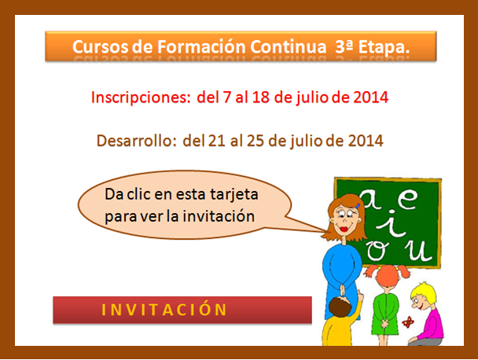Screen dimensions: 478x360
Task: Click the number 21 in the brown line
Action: point(216,141)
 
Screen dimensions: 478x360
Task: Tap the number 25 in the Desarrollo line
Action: point(256,141)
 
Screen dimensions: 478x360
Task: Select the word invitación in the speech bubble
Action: point(219,216)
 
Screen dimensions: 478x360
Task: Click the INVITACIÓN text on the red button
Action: point(164,309)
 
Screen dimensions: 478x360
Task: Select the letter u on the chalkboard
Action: point(418,252)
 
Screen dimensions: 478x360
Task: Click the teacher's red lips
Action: point(344,229)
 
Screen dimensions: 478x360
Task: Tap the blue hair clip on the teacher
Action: point(358,207)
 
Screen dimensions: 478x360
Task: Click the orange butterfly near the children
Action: point(408,322)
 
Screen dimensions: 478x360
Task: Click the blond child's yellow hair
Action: point(424,290)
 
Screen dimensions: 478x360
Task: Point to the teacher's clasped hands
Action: point(343,289)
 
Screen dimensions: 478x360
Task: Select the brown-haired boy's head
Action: point(340,307)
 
